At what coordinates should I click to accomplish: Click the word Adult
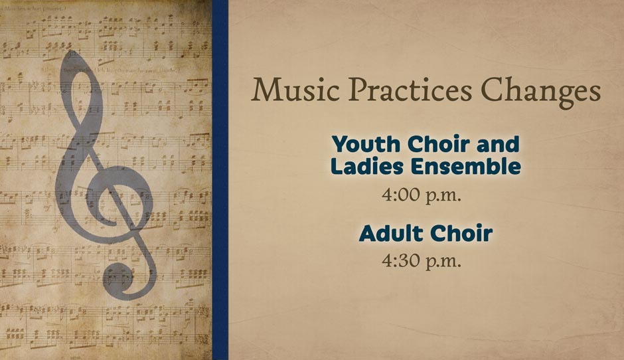pyautogui.click(x=390, y=233)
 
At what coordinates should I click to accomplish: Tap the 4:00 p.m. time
pyautogui.click(x=422, y=195)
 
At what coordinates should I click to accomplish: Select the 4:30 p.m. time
pyautogui.click(x=422, y=261)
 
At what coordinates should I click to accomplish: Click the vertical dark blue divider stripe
pyautogui.click(x=220, y=180)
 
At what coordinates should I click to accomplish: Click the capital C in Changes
pyautogui.click(x=493, y=90)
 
